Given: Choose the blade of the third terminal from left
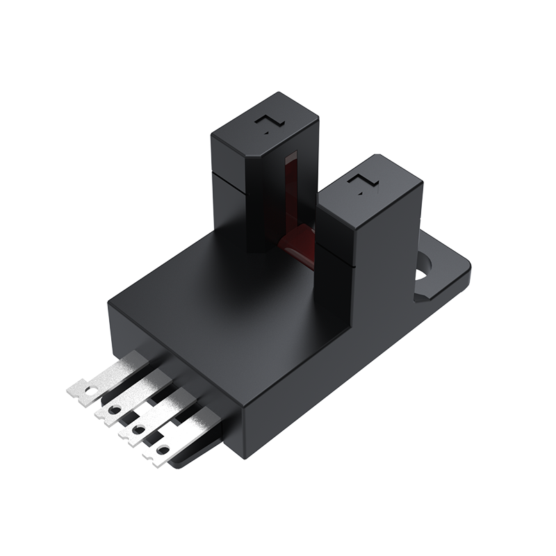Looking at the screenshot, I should [167, 409].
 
